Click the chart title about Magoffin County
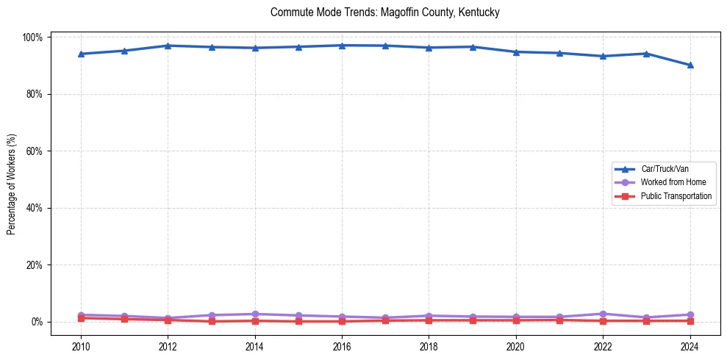(384, 12)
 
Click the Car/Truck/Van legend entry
(665, 169)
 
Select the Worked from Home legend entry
(672, 182)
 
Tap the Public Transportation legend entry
(676, 196)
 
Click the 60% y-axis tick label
(35, 151)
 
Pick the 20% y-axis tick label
(35, 265)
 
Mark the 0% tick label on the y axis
(37, 322)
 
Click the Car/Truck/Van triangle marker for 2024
(690, 65)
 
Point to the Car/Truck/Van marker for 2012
(168, 46)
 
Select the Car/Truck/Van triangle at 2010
(81, 54)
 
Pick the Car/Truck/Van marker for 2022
(603, 56)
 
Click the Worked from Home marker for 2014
(254, 314)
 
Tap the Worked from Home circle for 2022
(603, 314)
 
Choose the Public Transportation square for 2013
(211, 321)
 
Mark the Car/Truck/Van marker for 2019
(473, 47)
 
